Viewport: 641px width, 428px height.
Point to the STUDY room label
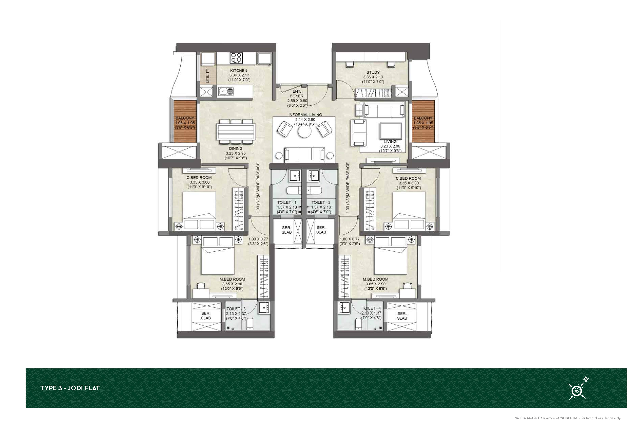[373, 72]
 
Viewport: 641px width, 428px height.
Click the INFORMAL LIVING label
[305, 115]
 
